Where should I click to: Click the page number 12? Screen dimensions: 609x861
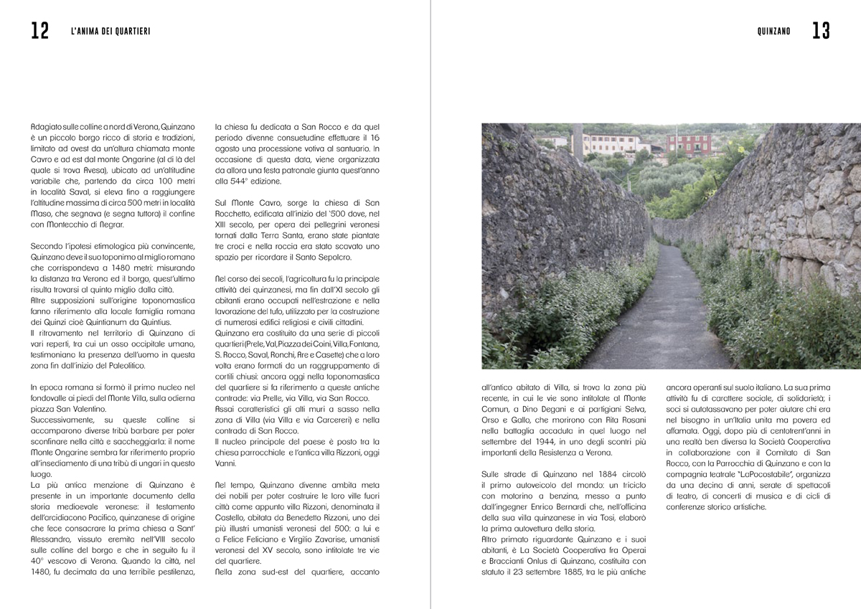coord(39,31)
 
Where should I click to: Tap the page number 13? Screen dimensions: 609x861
coord(821,31)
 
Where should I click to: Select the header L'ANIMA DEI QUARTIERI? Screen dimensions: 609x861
coord(111,32)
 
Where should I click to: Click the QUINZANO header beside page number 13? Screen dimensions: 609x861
coord(773,32)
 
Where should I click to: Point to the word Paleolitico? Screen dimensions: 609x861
coord(126,366)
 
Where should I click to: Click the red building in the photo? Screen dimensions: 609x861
coord(689,145)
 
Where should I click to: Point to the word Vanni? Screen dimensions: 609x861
coord(225,463)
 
